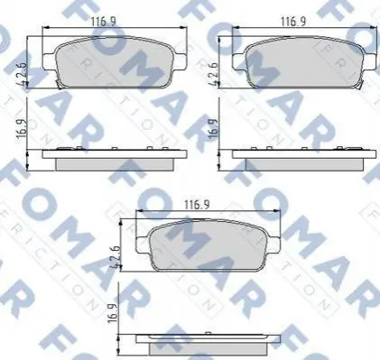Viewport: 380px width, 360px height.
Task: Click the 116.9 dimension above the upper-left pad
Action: pyautogui.click(x=104, y=22)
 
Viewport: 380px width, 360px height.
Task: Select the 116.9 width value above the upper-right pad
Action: pyautogui.click(x=293, y=22)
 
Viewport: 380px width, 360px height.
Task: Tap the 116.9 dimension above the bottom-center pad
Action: pyautogui.click(x=197, y=205)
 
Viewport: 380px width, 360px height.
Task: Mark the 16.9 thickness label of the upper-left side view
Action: pyautogui.click(x=22, y=129)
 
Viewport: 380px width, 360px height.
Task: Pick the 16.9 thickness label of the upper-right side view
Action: pyautogui.click(x=212, y=129)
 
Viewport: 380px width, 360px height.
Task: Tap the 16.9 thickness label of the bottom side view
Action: pyautogui.click(x=113, y=312)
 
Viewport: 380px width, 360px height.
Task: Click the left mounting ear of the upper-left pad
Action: pyautogui.click(x=49, y=61)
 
